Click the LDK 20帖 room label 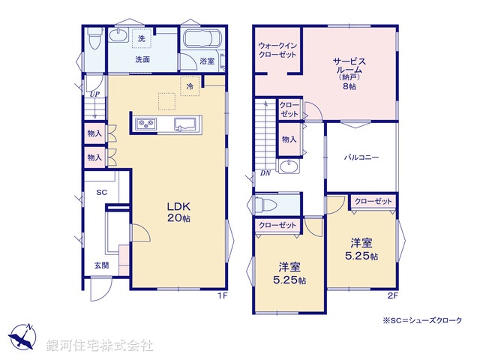[x=178, y=211]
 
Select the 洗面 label [x=142, y=59]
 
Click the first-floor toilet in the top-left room [x=94, y=37]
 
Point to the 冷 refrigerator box [x=190, y=86]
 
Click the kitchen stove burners [x=145, y=123]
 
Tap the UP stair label [x=94, y=94]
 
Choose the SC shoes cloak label [x=102, y=192]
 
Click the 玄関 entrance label [x=101, y=265]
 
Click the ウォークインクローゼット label [x=276, y=49]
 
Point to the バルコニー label [x=361, y=157]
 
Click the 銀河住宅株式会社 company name [x=100, y=346]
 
